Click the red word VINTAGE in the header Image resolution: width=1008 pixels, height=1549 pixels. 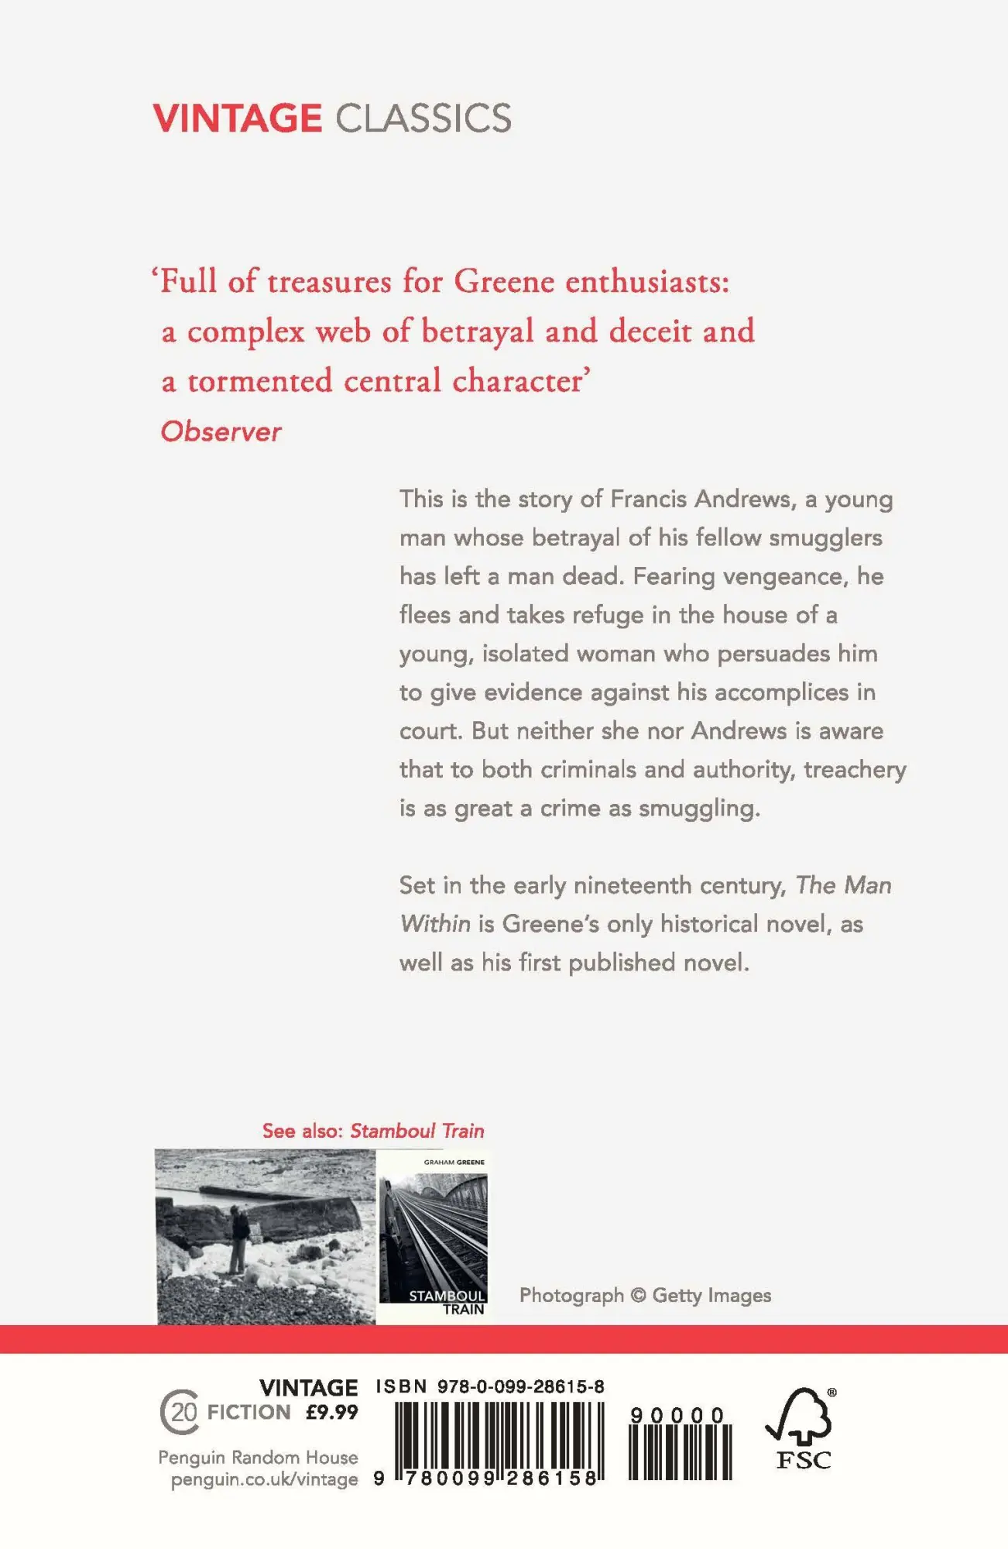coord(237,118)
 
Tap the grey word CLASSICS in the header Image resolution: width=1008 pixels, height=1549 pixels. coord(423,118)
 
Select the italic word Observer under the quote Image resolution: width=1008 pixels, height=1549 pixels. coord(221,431)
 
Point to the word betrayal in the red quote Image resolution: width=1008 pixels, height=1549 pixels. coord(478,331)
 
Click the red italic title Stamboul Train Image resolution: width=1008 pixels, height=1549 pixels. coord(417,1131)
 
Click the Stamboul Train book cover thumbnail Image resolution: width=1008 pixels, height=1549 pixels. coord(433,1236)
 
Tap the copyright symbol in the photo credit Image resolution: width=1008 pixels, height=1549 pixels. coord(638,1295)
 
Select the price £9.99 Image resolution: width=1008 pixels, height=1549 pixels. coord(332,1412)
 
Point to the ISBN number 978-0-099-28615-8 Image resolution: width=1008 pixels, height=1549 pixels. coord(521,1386)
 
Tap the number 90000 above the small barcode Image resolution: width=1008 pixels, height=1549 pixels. coord(677,1415)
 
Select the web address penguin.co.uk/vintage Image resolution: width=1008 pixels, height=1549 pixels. coord(264,1479)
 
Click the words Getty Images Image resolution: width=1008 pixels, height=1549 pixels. coord(711,1295)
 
